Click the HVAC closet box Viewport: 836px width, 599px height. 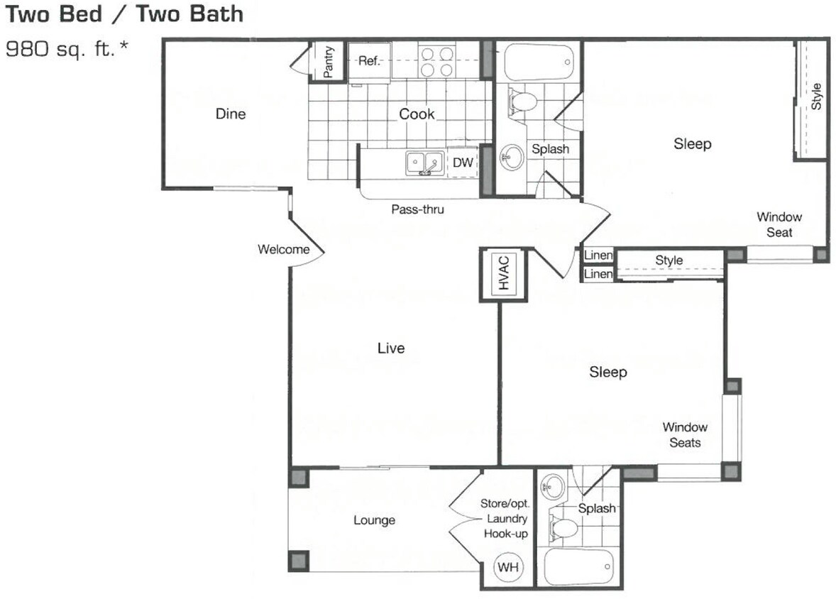click(x=504, y=273)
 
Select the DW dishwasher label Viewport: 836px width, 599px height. click(x=463, y=163)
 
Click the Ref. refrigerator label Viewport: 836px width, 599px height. click(x=369, y=61)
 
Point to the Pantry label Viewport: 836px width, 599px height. click(x=328, y=62)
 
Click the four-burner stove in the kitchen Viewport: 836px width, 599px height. click(x=436, y=62)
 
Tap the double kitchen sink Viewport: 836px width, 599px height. click(x=424, y=163)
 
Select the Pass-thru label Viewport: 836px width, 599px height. click(x=417, y=209)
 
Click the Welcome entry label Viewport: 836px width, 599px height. click(x=283, y=249)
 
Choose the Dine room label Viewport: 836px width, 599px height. click(x=231, y=114)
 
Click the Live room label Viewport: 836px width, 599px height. click(x=391, y=348)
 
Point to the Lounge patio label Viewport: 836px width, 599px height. click(x=374, y=520)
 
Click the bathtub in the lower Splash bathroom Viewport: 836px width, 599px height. click(x=578, y=567)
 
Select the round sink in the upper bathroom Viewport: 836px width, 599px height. click(x=511, y=155)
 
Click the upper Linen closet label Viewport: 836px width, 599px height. click(x=598, y=255)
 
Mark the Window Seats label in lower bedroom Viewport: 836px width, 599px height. click(x=685, y=435)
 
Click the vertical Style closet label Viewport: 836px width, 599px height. click(x=816, y=97)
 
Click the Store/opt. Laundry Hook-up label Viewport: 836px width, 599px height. click(x=505, y=519)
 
